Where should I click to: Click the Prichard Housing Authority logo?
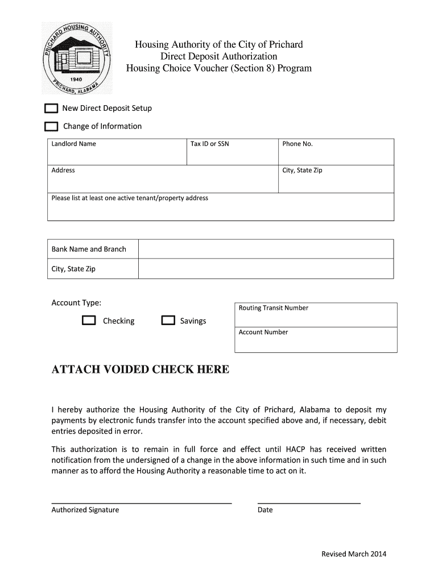(77, 58)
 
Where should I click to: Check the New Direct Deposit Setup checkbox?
(51, 109)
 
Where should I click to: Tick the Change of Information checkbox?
(51, 126)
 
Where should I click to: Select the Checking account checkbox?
(89, 321)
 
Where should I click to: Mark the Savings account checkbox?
(168, 321)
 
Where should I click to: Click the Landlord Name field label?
(73, 144)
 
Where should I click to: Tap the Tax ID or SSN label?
(209, 144)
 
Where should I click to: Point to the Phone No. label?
(297, 144)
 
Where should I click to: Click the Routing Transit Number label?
(273, 308)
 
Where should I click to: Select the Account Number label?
(263, 332)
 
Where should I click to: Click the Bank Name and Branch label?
(89, 249)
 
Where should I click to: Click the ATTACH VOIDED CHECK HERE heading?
(141, 370)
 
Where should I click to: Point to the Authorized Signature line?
(142, 503)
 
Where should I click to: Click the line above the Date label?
(309, 503)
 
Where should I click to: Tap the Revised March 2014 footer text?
(353, 554)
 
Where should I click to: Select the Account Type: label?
(76, 303)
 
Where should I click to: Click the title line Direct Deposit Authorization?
(218, 56)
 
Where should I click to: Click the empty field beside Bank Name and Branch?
(266, 249)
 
